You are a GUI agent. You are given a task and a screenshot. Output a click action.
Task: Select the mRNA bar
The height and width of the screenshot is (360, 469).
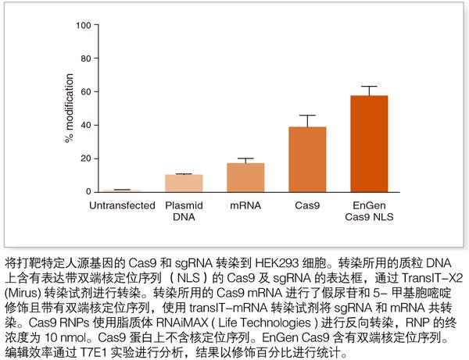pyautogui.click(x=246, y=177)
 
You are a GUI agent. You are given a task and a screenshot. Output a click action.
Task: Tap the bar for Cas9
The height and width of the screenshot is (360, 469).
pyautogui.click(x=307, y=159)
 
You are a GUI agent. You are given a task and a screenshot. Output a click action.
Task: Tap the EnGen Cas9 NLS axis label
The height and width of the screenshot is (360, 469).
pyautogui.click(x=369, y=211)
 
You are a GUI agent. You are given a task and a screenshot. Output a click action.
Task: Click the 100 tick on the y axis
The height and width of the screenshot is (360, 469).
pyautogui.click(x=82, y=25)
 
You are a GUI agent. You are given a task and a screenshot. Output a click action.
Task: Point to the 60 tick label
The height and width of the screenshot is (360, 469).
pyautogui.click(x=84, y=92)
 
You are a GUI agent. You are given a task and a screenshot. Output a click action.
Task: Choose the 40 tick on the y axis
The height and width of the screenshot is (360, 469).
pyautogui.click(x=84, y=125)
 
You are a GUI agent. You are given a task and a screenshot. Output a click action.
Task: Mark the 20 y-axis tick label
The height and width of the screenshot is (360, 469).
pyautogui.click(x=84, y=159)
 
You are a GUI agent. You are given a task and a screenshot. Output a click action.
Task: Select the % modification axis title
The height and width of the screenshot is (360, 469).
pyautogui.click(x=69, y=109)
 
